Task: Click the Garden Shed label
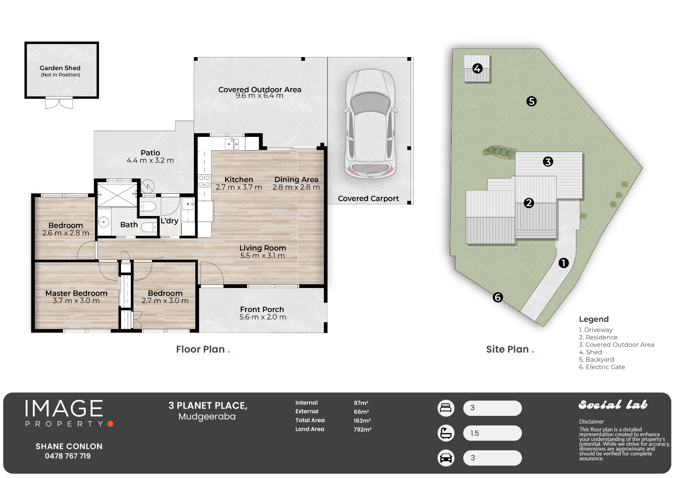60,68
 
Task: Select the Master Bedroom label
76,293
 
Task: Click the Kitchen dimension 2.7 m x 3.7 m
239,187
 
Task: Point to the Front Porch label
262,309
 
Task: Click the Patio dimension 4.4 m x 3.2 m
150,161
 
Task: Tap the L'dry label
169,221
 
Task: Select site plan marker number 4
477,69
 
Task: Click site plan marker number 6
498,297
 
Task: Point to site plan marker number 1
563,263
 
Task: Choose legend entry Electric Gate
602,367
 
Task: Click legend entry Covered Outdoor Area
617,345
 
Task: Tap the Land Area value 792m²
362,429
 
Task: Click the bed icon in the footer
446,408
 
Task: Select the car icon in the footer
446,458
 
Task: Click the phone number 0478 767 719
68,456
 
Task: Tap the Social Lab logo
613,404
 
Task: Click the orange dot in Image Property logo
110,424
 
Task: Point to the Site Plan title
507,349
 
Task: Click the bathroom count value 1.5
475,433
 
